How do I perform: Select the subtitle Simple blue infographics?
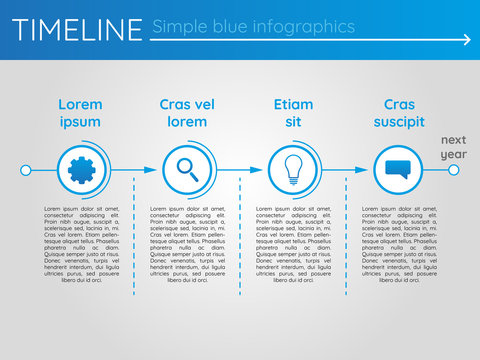(253, 26)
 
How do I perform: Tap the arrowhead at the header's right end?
(466, 41)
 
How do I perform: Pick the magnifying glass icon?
(187, 170)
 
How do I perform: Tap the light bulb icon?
(293, 169)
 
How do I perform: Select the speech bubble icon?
(399, 170)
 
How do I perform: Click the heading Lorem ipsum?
(80, 112)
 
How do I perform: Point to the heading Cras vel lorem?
(187, 112)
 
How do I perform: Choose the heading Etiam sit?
(293, 112)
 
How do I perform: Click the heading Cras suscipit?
(399, 112)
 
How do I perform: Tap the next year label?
(454, 147)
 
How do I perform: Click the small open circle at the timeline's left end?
(26, 170)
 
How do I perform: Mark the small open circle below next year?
(453, 170)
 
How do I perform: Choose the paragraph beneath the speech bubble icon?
(399, 244)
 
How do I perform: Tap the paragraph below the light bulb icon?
(293, 244)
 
